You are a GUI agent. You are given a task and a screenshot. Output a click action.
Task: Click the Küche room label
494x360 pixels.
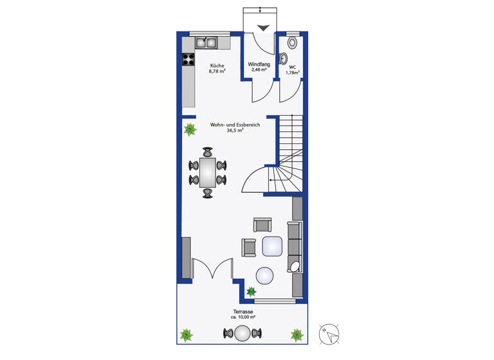(216, 65)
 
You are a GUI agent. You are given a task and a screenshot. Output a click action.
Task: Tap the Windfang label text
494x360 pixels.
(259, 64)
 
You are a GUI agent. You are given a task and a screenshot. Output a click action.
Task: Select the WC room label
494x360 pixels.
(293, 67)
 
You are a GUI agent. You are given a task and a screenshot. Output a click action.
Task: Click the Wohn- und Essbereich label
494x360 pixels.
(235, 125)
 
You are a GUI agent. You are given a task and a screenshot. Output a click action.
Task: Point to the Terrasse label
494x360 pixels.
(242, 312)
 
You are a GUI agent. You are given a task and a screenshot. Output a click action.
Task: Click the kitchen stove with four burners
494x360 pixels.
(188, 60)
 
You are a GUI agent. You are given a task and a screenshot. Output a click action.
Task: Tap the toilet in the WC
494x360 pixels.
(293, 43)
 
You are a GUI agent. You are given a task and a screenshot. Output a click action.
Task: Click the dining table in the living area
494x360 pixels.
(208, 172)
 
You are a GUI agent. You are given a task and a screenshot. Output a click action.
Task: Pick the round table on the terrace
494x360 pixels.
(242, 333)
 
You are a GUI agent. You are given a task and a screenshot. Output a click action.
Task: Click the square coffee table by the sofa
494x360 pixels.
(273, 246)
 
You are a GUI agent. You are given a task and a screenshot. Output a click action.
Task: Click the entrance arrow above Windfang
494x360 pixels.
(264, 27)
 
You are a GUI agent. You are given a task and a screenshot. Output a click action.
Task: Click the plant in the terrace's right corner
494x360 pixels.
(297, 334)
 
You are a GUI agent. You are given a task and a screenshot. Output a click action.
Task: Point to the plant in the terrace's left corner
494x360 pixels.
(187, 335)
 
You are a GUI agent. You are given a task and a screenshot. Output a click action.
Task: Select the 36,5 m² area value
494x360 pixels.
(235, 130)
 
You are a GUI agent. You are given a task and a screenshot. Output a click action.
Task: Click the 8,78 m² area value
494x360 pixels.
(217, 71)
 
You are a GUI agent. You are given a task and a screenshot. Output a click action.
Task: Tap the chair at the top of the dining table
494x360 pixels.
(208, 152)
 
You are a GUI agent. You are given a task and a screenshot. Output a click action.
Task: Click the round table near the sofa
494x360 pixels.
(265, 276)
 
